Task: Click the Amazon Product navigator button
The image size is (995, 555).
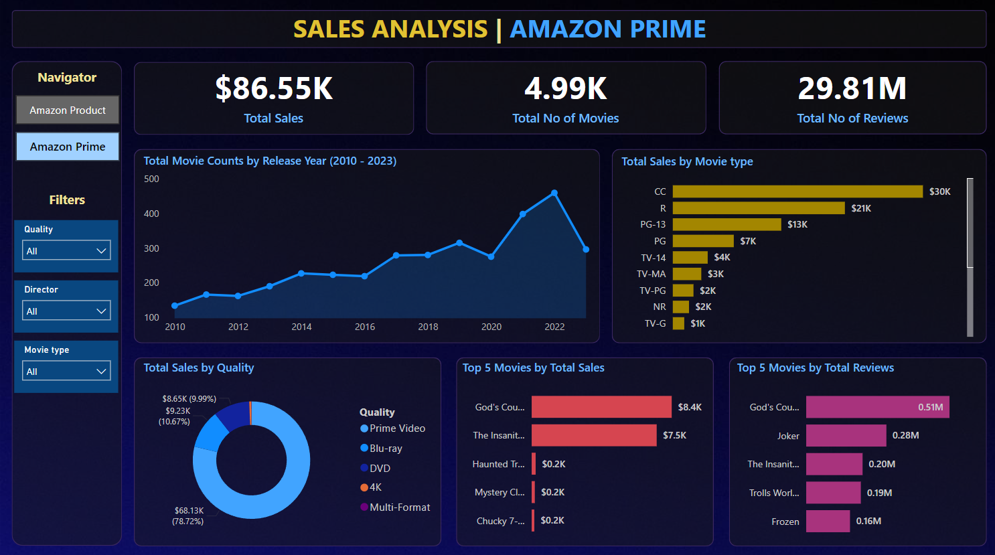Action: point(68,110)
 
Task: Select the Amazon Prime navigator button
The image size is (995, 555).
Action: point(68,147)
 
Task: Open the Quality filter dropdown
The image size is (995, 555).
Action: point(66,251)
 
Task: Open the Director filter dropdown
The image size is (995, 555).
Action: point(66,311)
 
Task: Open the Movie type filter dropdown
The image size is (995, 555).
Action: point(66,372)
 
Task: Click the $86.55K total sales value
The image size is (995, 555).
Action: point(273,88)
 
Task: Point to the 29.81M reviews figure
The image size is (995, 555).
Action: point(852,88)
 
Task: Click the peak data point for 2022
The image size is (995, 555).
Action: point(554,193)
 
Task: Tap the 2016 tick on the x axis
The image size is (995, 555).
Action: point(365,327)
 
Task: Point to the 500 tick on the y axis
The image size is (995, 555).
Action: point(152,179)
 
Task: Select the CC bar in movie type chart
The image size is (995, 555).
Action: point(797,191)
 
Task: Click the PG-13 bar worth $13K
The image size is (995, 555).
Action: point(726,224)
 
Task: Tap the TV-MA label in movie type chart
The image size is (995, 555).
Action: point(651,274)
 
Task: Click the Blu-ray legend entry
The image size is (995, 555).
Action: point(385,449)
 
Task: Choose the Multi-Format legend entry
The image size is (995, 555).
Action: point(399,507)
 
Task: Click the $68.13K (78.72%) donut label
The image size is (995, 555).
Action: point(188,516)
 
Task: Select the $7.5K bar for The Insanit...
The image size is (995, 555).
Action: point(594,435)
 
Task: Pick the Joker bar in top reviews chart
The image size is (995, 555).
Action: point(846,436)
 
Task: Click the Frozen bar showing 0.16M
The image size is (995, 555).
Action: point(828,521)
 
